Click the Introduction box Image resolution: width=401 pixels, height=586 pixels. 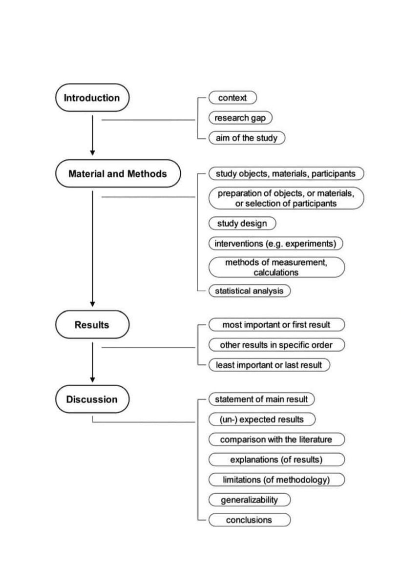pos(92,98)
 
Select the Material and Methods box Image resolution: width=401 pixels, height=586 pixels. pos(118,173)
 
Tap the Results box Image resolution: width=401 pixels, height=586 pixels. pos(92,325)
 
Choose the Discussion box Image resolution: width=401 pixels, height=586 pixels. pos(92,399)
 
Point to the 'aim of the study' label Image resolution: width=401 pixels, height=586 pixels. pos(246,138)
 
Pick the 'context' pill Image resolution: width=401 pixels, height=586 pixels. pos(232,98)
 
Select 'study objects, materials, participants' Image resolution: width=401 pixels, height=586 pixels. pos(286,173)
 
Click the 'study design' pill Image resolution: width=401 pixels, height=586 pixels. pos(242,223)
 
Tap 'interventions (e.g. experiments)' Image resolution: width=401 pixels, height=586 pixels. pos(275,243)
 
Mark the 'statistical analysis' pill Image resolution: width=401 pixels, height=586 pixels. pos(249,291)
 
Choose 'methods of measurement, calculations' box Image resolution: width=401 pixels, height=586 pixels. pos(276,267)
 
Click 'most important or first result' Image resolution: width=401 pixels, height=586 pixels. pos(276,325)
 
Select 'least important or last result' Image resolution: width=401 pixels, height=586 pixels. pos(269,365)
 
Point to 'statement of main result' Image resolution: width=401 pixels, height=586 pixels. pos(261,399)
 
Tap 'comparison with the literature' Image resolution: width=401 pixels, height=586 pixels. pos(276,439)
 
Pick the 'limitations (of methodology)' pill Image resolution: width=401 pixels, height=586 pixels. pos(276,480)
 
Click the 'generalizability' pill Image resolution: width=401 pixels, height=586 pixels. pos(249,500)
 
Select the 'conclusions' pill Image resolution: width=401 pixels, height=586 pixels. pos(249,520)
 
